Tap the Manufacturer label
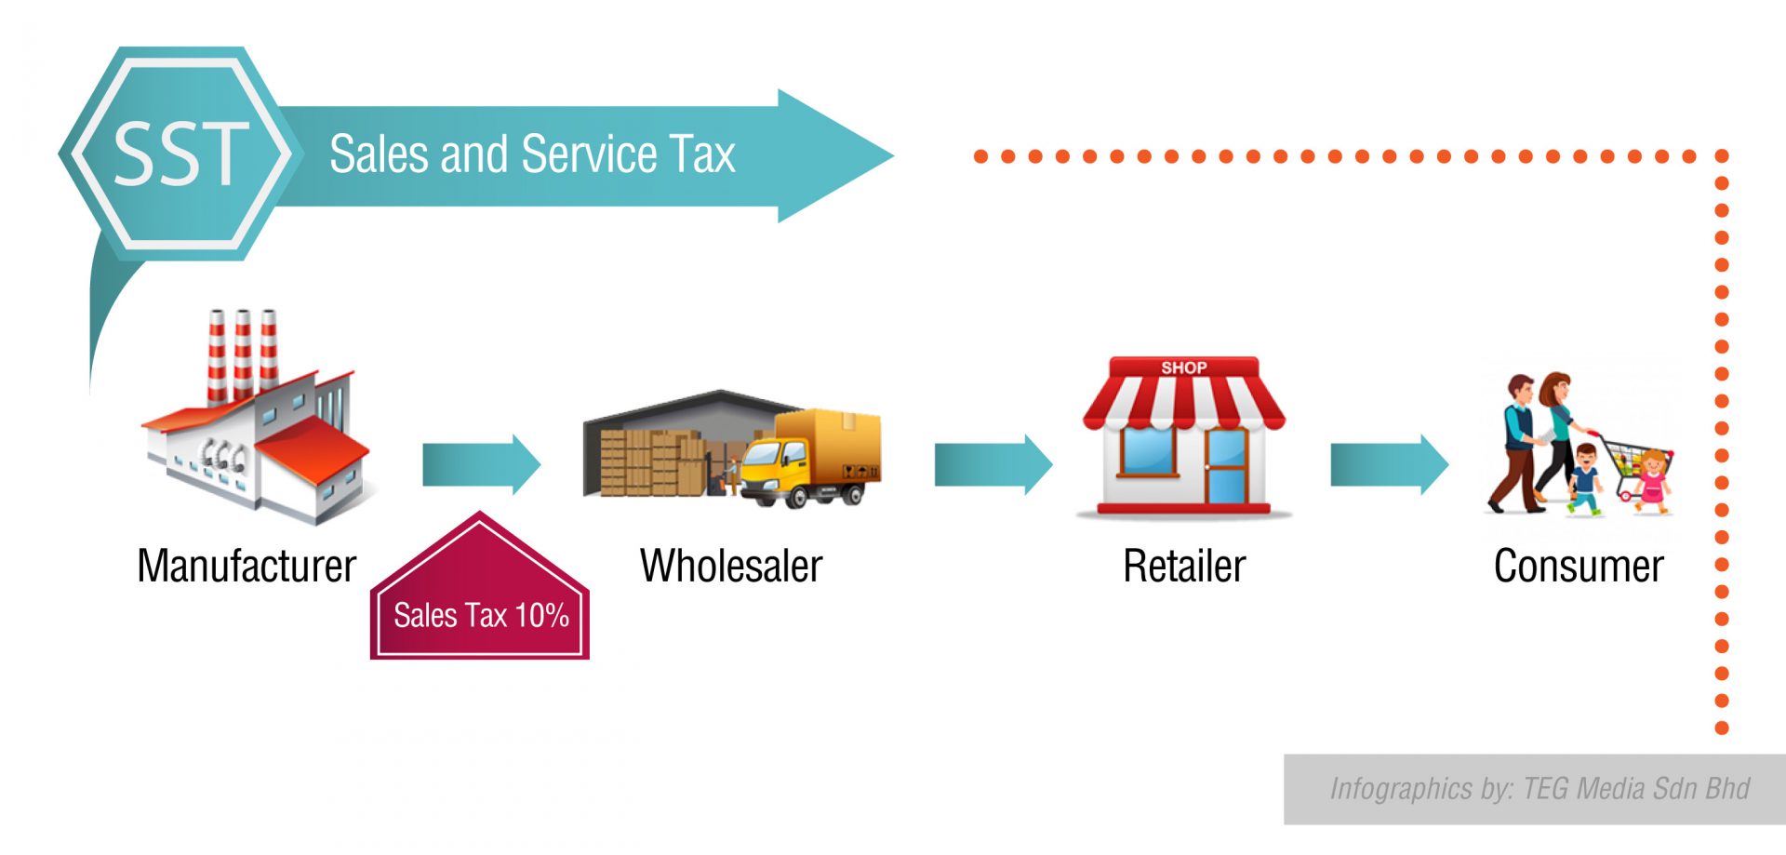click(x=247, y=567)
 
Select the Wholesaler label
click(x=731, y=567)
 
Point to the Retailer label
click(x=1184, y=567)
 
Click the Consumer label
click(x=1579, y=567)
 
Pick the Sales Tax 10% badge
click(x=480, y=586)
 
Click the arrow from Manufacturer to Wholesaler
click(x=481, y=464)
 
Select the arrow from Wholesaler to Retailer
click(x=993, y=464)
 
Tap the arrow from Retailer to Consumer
click(x=1390, y=464)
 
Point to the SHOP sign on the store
click(x=1184, y=367)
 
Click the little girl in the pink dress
click(x=1651, y=482)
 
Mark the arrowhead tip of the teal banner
click(x=894, y=156)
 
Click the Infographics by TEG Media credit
click(x=1539, y=789)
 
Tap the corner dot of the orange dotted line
click(x=1722, y=156)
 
